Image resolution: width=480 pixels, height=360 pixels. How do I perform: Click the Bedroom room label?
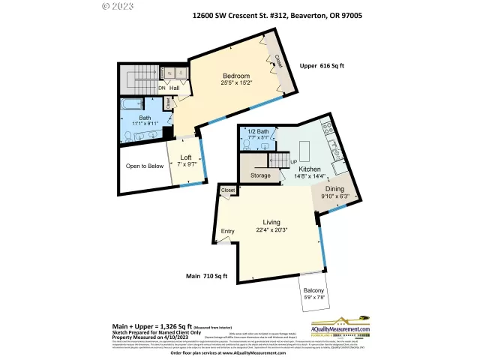pyautogui.click(x=235, y=76)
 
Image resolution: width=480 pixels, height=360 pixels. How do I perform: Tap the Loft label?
pyautogui.click(x=185, y=157)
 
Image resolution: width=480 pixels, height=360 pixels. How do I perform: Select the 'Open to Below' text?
pyautogui.click(x=145, y=166)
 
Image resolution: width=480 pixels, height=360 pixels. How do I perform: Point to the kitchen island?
pyautogui.click(x=305, y=147)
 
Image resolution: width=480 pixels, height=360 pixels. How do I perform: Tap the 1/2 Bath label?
pyautogui.click(x=257, y=131)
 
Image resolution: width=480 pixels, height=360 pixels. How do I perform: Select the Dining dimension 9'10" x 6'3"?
pyautogui.click(x=334, y=196)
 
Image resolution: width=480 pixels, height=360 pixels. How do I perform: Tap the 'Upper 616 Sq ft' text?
pyautogui.click(x=321, y=66)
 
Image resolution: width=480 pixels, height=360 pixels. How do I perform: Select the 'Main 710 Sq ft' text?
pyautogui.click(x=206, y=276)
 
